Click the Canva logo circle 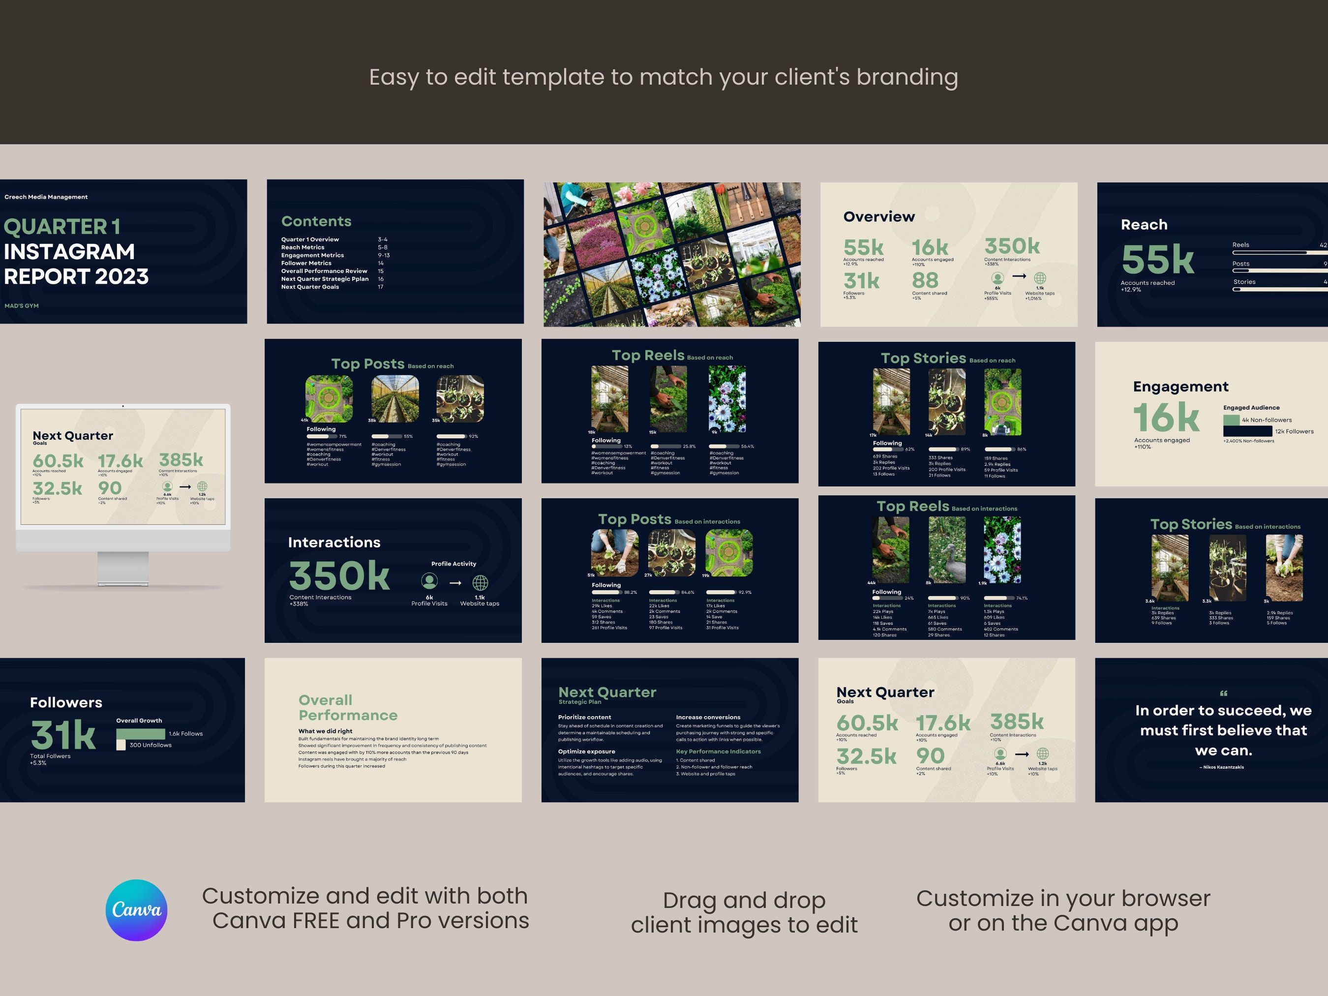(x=136, y=909)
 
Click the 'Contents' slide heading (x=316, y=221)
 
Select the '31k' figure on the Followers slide (x=63, y=734)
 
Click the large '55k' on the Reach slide (x=1157, y=259)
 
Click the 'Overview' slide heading (x=879, y=217)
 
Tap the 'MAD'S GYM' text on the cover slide (x=22, y=305)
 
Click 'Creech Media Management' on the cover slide (x=46, y=197)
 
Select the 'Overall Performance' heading (x=348, y=707)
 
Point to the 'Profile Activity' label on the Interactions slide (x=453, y=564)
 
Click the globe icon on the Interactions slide (x=480, y=582)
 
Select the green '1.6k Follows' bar (x=141, y=734)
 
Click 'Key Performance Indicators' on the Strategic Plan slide (x=718, y=751)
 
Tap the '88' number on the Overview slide (x=925, y=280)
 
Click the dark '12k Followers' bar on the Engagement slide (x=1247, y=431)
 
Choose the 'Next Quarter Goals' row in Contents (x=310, y=287)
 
